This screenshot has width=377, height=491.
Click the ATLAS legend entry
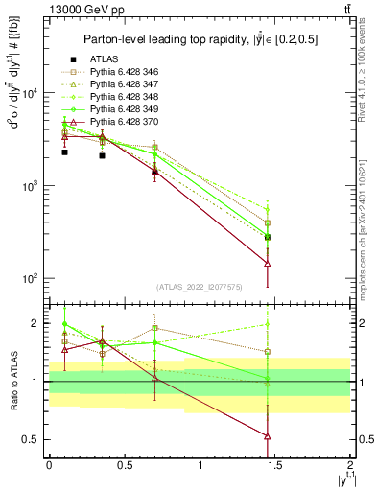105,58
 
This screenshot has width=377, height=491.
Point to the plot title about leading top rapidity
200,39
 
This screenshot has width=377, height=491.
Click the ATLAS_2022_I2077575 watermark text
200,287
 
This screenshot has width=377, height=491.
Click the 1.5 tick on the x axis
276,464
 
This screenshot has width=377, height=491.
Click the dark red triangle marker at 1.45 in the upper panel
268,263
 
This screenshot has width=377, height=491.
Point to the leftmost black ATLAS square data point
64,152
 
